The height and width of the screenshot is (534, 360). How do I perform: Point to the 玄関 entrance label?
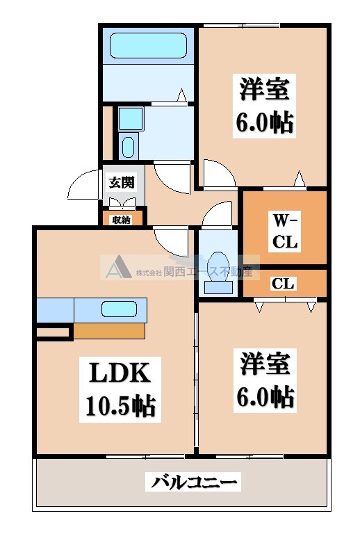click(121, 183)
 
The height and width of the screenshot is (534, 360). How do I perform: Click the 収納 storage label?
click(121, 220)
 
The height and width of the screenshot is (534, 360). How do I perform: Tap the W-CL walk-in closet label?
click(284, 232)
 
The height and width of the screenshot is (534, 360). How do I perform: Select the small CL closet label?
click(284, 284)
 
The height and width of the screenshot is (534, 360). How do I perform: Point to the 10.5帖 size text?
click(120, 405)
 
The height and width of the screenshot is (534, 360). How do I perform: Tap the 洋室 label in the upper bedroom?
click(264, 90)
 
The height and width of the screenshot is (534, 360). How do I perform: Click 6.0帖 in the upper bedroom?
click(264, 122)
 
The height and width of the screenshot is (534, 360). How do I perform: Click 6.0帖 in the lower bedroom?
click(264, 397)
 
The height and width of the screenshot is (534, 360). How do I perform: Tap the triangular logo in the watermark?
click(117, 268)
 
